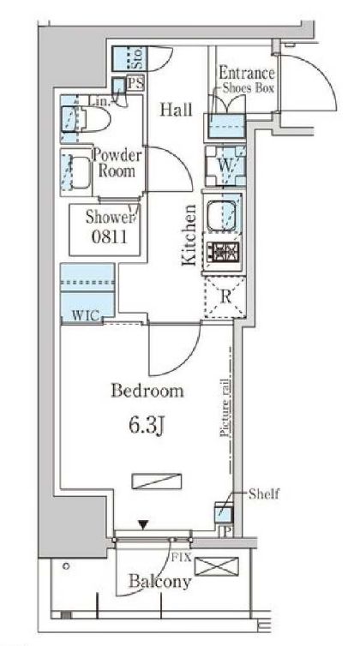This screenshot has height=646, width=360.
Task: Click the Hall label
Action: point(176,110)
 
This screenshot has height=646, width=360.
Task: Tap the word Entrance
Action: point(246,74)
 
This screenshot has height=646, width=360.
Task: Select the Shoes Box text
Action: point(249,87)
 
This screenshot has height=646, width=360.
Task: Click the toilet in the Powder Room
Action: point(86,119)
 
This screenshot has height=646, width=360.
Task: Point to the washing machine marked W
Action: point(225,165)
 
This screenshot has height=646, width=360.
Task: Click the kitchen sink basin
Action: point(221,213)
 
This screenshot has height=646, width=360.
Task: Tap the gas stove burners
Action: point(223,249)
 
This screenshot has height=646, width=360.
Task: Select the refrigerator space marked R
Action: point(225,296)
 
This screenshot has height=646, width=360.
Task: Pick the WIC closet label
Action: point(86,316)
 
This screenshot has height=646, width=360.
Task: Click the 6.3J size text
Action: point(147,427)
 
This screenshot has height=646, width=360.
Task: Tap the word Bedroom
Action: point(147,391)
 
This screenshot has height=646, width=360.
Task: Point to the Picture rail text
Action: point(225,407)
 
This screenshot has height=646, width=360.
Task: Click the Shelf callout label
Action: point(264,493)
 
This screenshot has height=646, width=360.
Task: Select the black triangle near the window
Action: point(143,525)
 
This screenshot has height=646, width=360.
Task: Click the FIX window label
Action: point(183,558)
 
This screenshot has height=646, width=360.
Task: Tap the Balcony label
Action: point(160,582)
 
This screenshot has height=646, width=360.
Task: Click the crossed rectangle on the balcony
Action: point(217,566)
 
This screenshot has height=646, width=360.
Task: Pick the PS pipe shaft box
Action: point(135,84)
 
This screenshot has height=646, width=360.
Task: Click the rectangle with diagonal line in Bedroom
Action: point(157,482)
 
